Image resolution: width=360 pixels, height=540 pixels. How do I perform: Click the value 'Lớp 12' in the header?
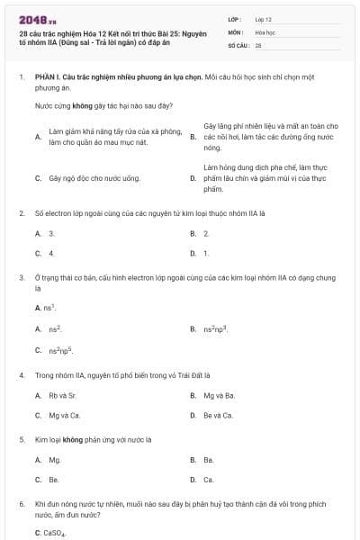pyautogui.click(x=263, y=18)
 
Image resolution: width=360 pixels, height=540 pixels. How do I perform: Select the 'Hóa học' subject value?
pyautogui.click(x=264, y=31)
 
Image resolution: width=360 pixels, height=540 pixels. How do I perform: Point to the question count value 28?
pyautogui.click(x=258, y=44)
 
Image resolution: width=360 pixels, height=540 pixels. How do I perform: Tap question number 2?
pyautogui.click(x=22, y=213)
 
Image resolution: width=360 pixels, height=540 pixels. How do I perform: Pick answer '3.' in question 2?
pyautogui.click(x=52, y=233)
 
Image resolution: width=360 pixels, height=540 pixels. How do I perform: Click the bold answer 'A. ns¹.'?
pyautogui.click(x=46, y=309)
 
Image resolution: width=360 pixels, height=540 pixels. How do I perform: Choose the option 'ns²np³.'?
pyautogui.click(x=215, y=329)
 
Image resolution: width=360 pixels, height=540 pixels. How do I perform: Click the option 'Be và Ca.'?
pyautogui.click(x=218, y=415)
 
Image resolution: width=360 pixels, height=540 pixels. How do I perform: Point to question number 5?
pyautogui.click(x=22, y=440)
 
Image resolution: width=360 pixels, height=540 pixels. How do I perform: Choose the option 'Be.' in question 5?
pyautogui.click(x=54, y=480)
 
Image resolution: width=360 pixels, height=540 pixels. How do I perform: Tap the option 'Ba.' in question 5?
pyautogui.click(x=208, y=460)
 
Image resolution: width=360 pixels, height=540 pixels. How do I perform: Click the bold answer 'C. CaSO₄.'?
pyautogui.click(x=50, y=534)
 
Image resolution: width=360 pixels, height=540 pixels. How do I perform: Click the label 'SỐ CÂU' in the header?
pyautogui.click(x=238, y=44)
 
